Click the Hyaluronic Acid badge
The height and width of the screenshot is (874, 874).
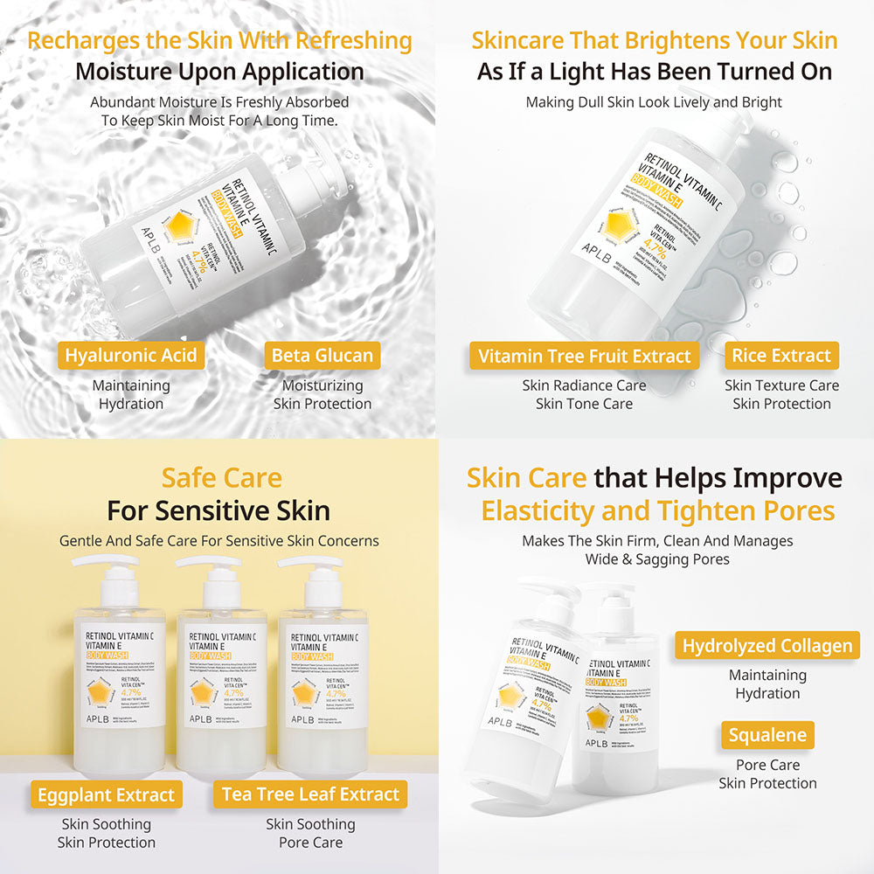[131, 356]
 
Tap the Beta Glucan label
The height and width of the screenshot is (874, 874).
[322, 356]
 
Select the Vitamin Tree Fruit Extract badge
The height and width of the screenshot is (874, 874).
[584, 356]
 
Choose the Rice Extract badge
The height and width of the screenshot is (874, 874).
[781, 356]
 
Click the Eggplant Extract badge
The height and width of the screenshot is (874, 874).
[106, 795]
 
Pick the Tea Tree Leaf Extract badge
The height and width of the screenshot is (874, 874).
[310, 794]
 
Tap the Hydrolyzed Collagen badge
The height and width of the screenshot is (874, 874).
[767, 646]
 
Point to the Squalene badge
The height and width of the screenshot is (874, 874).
[767, 735]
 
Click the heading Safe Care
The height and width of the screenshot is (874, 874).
[221, 478]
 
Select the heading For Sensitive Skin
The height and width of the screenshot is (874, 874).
[218, 510]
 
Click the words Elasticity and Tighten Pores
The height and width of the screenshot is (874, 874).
[657, 510]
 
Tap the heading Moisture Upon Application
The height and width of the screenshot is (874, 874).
[218, 71]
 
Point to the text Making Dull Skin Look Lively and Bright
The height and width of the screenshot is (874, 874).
[654, 102]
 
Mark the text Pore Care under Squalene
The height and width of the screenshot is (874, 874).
[767, 765]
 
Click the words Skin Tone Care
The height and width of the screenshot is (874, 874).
[584, 404]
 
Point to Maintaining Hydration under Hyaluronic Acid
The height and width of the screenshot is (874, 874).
[131, 394]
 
